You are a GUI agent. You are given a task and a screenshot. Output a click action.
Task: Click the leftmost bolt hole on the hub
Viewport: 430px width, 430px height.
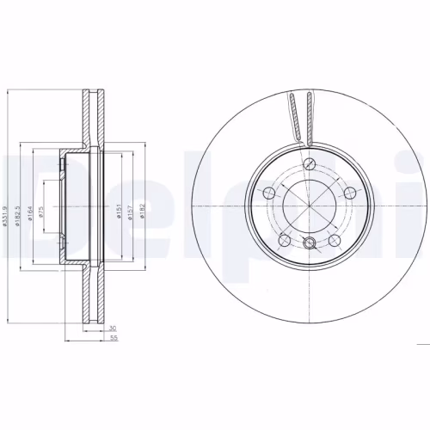(x=267, y=191)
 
